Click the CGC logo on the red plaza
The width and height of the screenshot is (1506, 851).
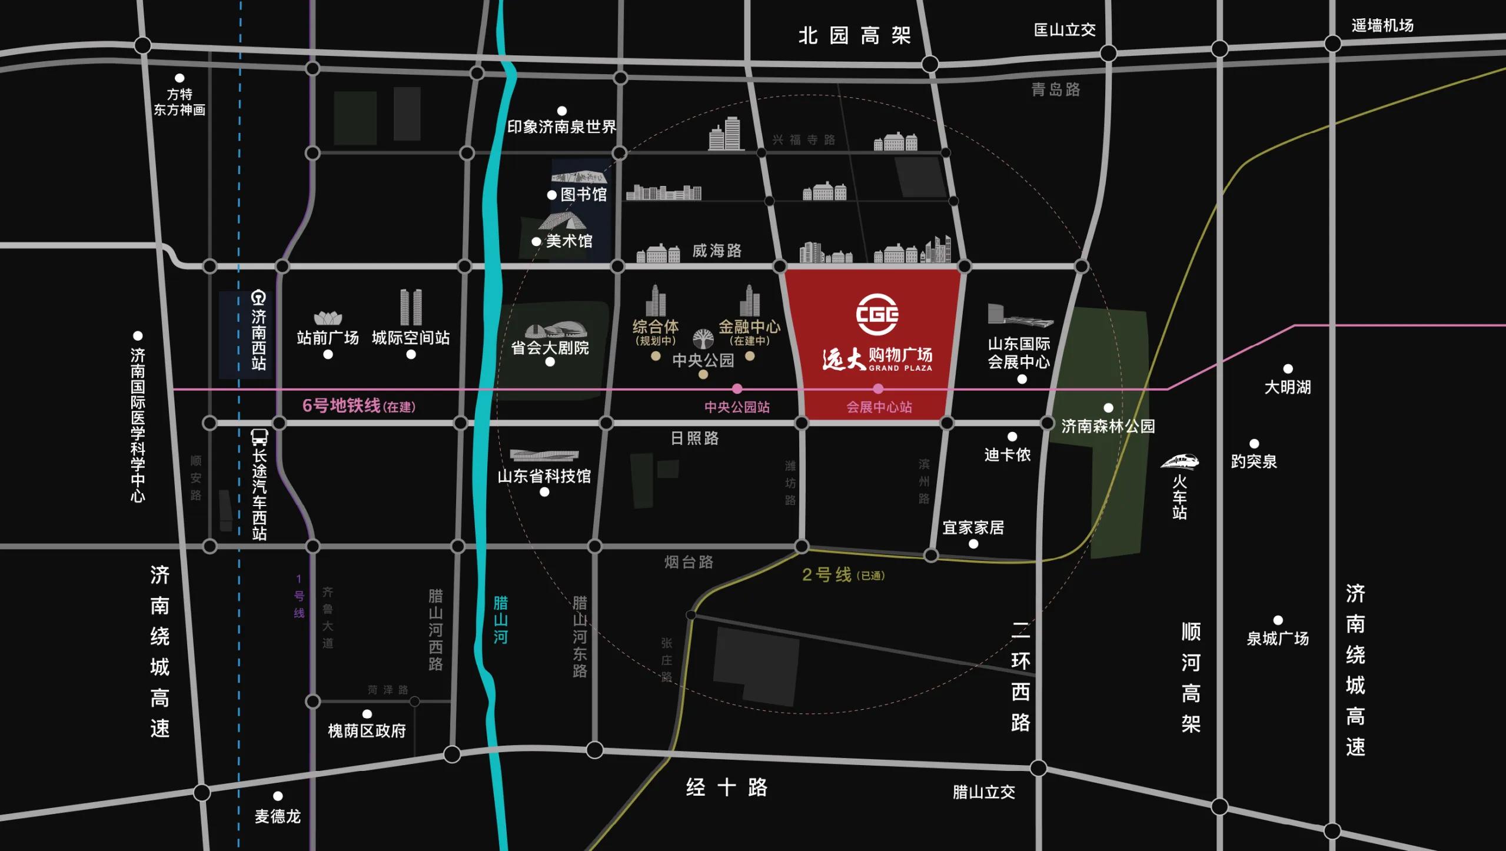coord(877,314)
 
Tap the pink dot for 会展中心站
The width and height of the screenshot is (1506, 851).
coord(878,388)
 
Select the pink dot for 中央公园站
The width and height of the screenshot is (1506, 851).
coord(737,388)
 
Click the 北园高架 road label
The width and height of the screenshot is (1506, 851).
coord(855,35)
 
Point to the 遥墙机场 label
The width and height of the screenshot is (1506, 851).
coord(1382,26)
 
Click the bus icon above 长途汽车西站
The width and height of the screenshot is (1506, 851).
coord(260,437)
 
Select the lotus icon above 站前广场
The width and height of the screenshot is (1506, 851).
coord(328,318)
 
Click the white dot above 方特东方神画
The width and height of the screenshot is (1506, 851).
coord(179,78)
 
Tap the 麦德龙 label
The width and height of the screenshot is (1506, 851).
coord(278,816)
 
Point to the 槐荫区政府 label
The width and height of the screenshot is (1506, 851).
coord(367,731)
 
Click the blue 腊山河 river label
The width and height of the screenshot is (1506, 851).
coord(500,620)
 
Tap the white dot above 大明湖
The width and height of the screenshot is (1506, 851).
coord(1288,369)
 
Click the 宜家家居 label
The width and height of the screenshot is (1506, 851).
coord(973,527)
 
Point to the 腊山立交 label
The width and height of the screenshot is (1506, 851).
coord(984,792)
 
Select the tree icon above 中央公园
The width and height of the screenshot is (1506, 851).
coord(703,339)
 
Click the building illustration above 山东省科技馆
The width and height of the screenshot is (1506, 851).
coord(544,455)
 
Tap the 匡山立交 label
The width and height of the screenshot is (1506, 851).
coord(1065,30)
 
